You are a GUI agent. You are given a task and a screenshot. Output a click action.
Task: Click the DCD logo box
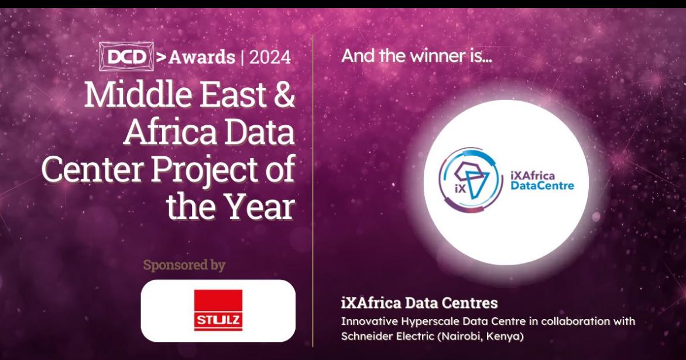(126, 56)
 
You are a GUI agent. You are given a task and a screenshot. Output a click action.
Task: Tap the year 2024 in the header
(269, 57)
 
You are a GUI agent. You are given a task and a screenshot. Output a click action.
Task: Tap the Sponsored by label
(184, 265)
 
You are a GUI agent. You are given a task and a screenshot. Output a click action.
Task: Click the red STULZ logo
(218, 310)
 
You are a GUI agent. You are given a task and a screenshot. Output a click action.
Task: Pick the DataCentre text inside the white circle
(542, 186)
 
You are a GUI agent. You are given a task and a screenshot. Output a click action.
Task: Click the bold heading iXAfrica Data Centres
(419, 303)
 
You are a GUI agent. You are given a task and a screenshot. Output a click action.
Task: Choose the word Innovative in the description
(366, 321)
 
